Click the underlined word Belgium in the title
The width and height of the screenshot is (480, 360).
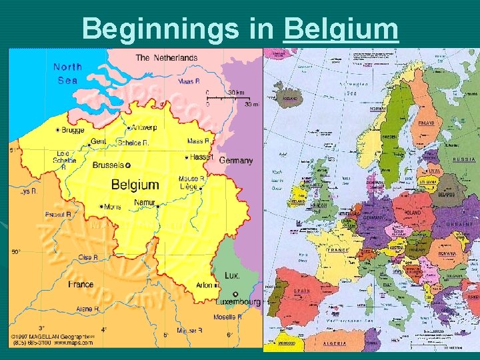[341, 29]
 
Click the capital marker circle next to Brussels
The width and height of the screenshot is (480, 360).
[129, 165]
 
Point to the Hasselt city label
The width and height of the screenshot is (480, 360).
[200, 157]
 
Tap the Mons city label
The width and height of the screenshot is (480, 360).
[112, 207]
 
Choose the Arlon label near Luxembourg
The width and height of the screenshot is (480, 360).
[204, 285]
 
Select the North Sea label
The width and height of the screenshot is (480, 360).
[67, 73]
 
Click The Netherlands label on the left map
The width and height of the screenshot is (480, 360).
[167, 58]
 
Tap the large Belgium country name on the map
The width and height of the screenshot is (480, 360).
[135, 185]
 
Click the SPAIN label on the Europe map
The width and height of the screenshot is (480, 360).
[301, 291]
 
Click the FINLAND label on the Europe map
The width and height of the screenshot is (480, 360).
[425, 123]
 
